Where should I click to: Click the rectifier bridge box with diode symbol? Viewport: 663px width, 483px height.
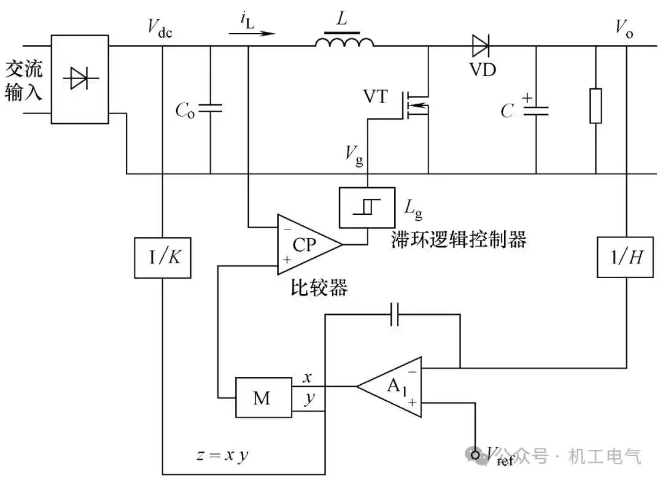click(80, 79)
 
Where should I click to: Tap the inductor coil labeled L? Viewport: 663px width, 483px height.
click(344, 41)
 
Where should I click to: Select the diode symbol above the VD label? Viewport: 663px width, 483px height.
click(481, 45)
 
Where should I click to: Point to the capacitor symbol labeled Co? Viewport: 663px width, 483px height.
click(210, 109)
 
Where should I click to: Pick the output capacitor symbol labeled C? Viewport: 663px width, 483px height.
click(536, 111)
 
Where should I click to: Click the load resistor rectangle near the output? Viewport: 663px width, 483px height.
click(595, 106)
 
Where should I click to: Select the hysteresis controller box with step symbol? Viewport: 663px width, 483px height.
click(367, 208)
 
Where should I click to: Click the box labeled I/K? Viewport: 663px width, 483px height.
click(163, 258)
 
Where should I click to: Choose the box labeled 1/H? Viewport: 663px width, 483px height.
click(626, 257)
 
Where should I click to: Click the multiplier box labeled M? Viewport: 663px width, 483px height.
click(263, 398)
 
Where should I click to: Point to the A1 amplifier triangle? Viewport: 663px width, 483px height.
click(389, 387)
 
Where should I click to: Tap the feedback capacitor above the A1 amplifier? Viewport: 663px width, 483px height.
click(395, 314)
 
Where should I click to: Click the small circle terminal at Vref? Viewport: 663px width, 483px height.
click(475, 455)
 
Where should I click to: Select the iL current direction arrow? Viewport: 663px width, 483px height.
click(252, 33)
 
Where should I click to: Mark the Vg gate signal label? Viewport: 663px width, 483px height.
click(354, 155)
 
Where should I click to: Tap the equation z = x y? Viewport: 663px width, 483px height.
click(222, 455)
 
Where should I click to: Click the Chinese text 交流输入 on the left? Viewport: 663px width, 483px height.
click(24, 81)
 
